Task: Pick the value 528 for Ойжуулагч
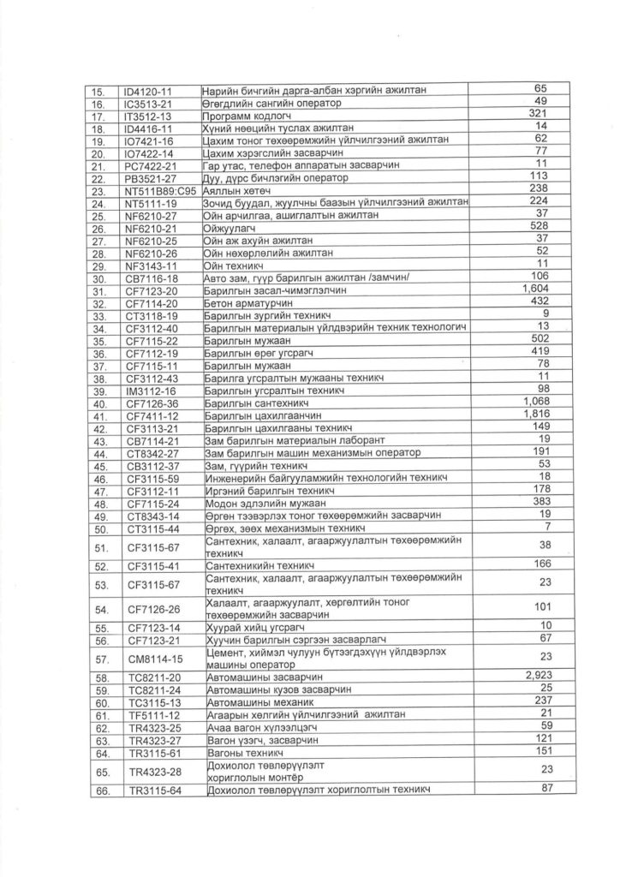click(x=539, y=226)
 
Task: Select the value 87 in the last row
click(x=539, y=788)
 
